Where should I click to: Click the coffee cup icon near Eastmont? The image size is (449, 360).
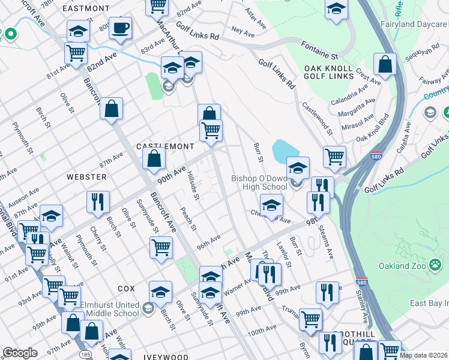121,28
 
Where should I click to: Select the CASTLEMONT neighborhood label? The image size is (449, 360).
165,146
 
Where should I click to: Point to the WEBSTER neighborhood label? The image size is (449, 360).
86,177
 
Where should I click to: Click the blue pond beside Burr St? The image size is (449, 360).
283,152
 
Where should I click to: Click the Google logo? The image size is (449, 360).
20,353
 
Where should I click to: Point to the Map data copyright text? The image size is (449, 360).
423,355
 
